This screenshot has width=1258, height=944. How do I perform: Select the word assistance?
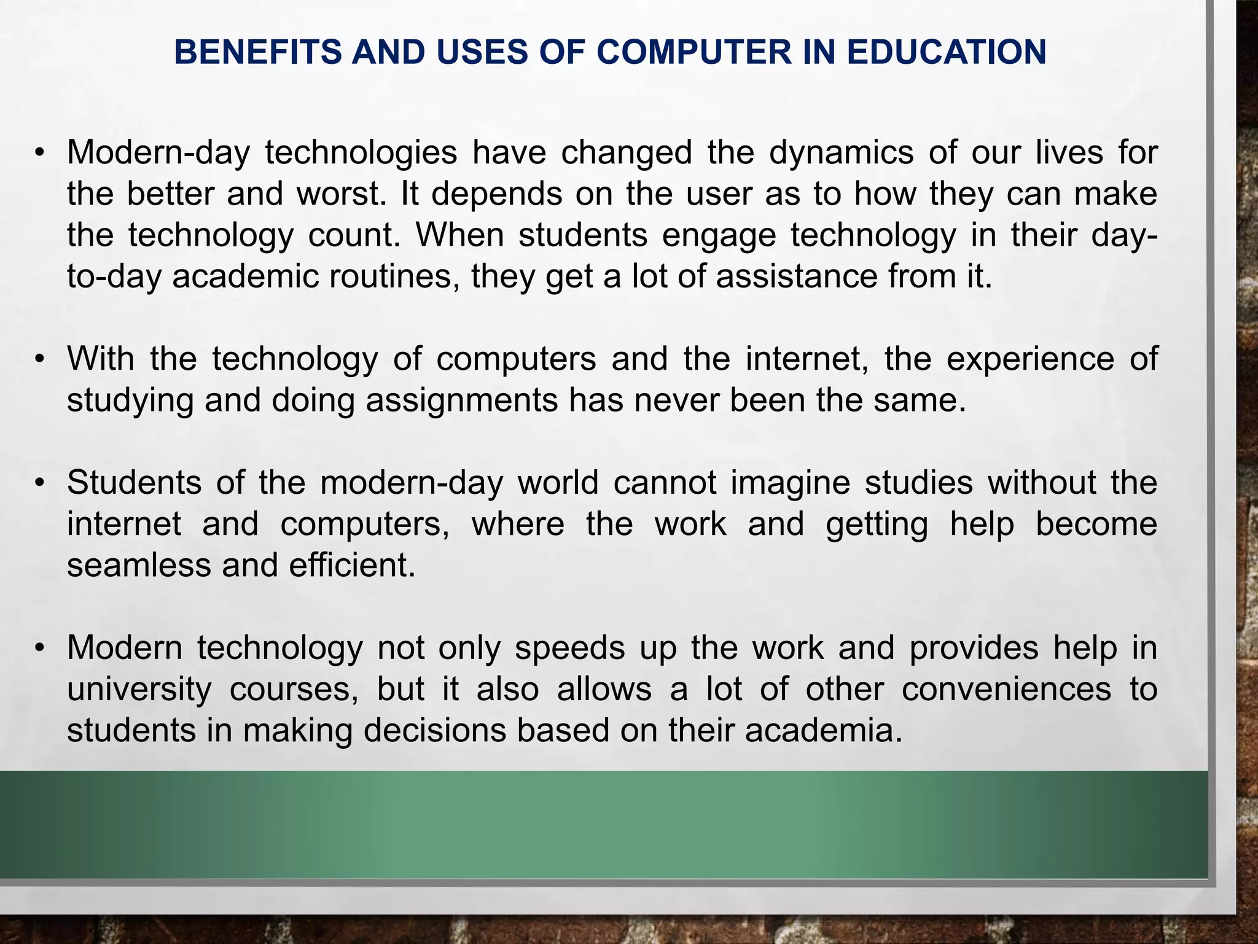click(x=796, y=276)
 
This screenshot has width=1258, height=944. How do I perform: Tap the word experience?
click(x=1029, y=359)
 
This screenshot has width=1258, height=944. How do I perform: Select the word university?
click(x=139, y=689)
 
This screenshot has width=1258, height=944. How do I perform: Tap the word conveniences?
click(x=1006, y=689)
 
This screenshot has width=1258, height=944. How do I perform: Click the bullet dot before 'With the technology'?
click(x=40, y=359)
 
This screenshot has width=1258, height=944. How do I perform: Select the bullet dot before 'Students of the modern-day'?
click(x=40, y=483)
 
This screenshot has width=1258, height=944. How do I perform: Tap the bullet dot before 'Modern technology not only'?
click(x=40, y=648)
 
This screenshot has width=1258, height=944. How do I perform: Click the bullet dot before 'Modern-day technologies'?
click(x=40, y=154)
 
